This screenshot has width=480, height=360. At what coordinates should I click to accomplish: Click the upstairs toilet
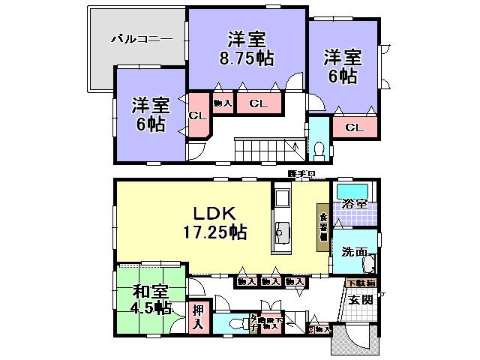pyautogui.click(x=318, y=146)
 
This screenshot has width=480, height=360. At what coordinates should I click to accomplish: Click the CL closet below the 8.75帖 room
pyautogui.click(x=258, y=103)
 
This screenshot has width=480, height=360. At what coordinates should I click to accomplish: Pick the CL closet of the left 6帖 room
pyautogui.click(x=197, y=115)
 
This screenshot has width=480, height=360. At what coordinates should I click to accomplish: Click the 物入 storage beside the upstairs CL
pyautogui.click(x=223, y=103)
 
